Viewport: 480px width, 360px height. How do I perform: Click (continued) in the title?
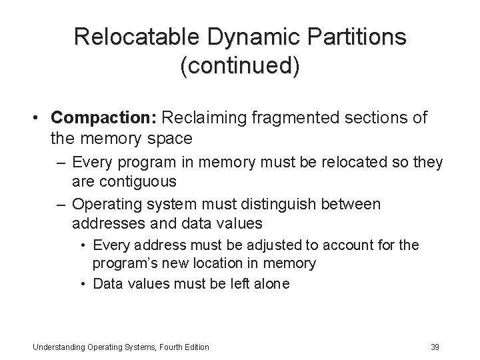coord(239,66)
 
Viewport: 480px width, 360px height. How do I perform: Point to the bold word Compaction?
coord(112,118)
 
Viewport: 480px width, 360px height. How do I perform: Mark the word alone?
coord(272,283)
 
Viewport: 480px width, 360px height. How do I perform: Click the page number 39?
coord(435,347)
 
